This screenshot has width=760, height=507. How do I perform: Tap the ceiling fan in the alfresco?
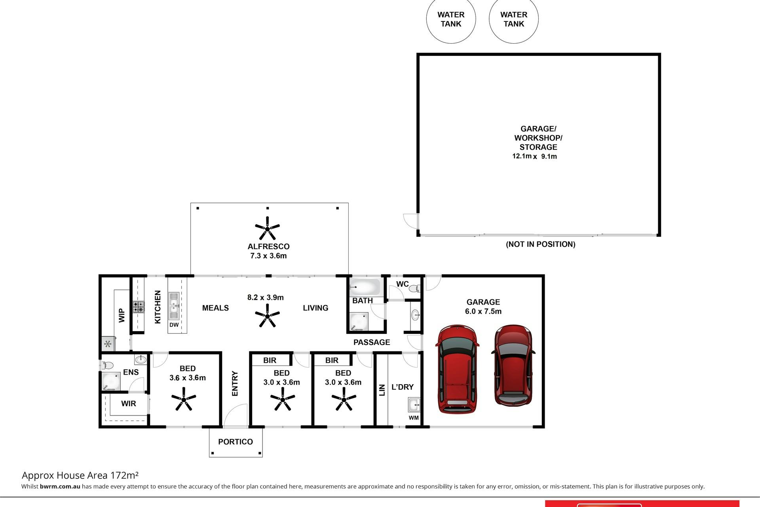268,228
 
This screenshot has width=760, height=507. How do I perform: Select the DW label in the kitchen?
174,325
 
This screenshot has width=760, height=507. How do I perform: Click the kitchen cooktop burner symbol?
139,307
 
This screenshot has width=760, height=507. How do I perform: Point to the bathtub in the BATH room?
365,286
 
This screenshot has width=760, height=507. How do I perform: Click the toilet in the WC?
414,288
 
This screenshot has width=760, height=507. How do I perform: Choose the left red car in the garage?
457,370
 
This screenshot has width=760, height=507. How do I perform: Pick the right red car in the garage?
513,365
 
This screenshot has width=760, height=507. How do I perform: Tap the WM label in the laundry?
414,418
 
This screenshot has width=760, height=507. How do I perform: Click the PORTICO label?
236,442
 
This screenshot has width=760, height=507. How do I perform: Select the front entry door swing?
236,416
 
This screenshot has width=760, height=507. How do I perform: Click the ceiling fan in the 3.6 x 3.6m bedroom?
184,399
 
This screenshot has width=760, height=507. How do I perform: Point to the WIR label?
129,404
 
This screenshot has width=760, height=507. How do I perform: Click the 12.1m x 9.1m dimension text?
535,156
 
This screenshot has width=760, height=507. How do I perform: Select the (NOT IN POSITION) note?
541,244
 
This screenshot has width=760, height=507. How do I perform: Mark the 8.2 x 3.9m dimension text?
266,297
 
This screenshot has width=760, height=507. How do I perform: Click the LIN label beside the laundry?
382,390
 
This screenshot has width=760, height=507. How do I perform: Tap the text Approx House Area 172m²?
80,475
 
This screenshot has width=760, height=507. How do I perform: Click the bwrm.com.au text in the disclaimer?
60,486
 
